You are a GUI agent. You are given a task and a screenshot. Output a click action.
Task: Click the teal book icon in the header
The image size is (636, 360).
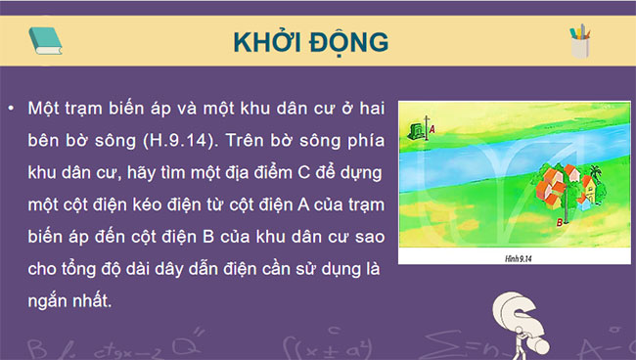pyautogui.click(x=45, y=40)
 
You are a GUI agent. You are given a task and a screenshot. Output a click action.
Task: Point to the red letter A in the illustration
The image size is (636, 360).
pyautogui.click(x=432, y=128)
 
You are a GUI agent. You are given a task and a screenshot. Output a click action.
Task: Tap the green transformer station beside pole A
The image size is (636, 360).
pyautogui.click(x=418, y=130)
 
